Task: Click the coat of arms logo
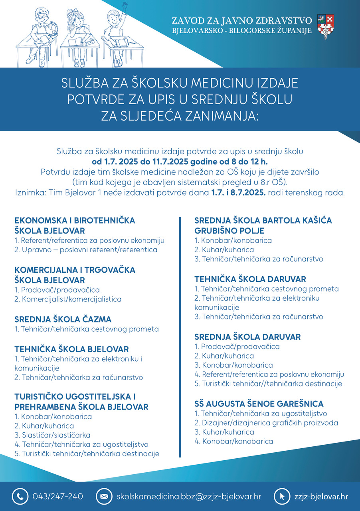(326, 26)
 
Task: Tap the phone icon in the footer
(19, 497)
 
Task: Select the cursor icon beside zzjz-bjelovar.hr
(282, 497)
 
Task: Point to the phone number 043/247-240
(58, 497)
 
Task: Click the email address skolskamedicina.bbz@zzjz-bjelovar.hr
(189, 497)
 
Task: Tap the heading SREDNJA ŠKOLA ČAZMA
(63, 319)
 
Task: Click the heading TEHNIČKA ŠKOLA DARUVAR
(250, 279)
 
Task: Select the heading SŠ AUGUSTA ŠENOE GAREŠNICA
(259, 404)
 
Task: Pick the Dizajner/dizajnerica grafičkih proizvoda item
(266, 423)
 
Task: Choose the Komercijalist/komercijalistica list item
(68, 299)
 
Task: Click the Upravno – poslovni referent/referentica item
(86, 250)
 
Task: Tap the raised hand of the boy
(125, 6)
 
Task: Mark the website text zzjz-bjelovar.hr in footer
(321, 497)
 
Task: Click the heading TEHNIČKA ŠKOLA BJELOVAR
(71, 349)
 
